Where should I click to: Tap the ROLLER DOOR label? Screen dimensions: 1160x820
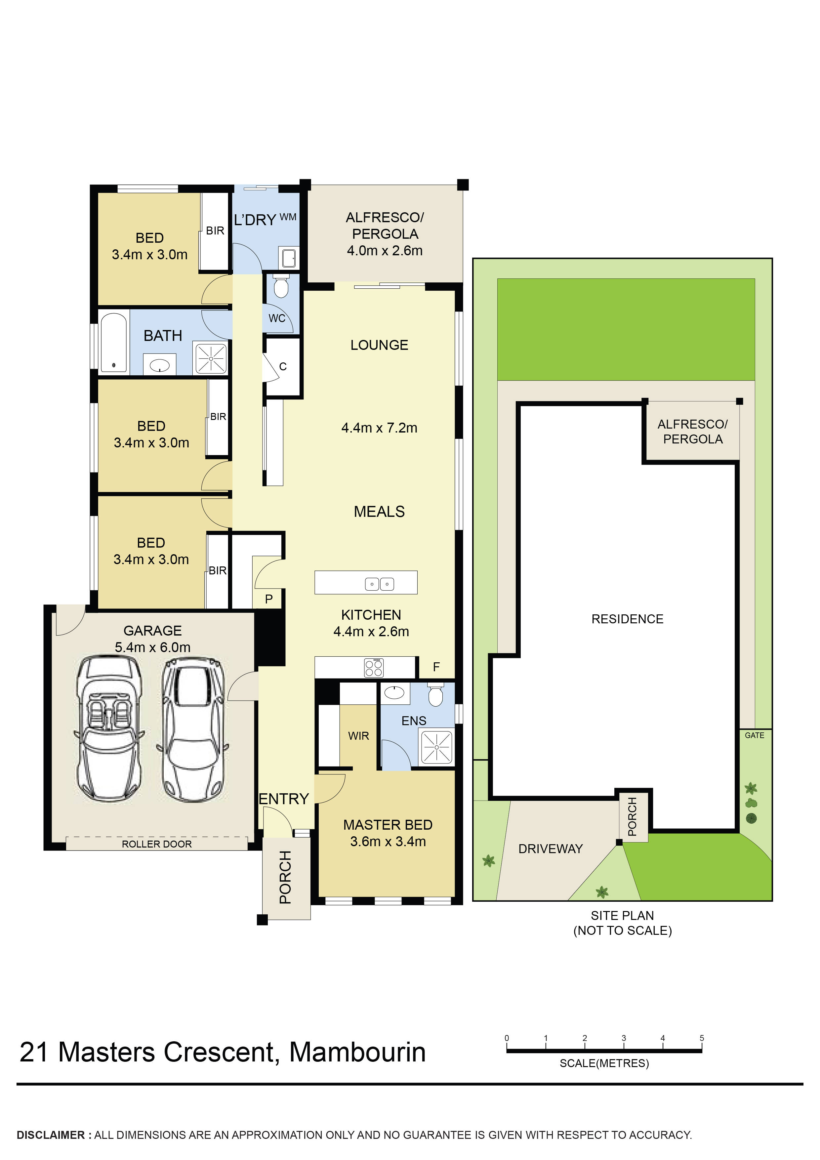[157, 844]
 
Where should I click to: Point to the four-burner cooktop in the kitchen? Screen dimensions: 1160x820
[373, 667]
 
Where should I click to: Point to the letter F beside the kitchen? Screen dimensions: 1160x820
[436, 667]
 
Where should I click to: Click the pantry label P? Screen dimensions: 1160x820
[269, 599]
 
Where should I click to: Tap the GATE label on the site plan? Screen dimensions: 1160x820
[754, 736]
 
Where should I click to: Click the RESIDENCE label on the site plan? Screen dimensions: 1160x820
[627, 619]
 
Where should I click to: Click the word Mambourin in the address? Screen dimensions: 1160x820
[357, 1053]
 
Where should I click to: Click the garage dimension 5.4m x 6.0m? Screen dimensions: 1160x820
[152, 647]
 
